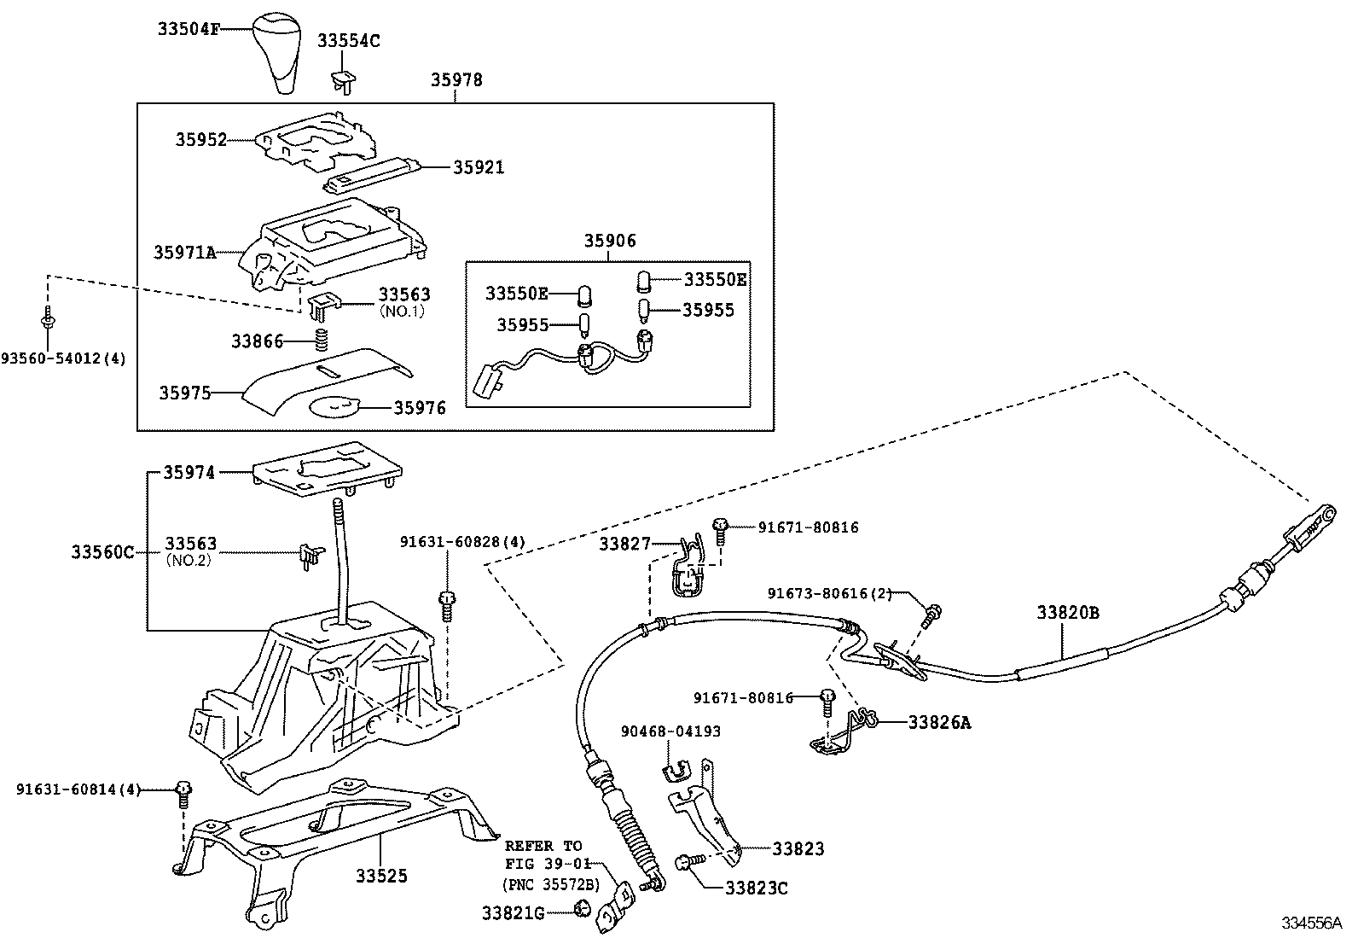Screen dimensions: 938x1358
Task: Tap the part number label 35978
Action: (x=456, y=80)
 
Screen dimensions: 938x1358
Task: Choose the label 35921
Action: (x=479, y=167)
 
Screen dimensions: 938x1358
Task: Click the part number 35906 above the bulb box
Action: (x=609, y=242)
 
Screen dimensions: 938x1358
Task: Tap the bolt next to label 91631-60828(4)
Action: (x=445, y=605)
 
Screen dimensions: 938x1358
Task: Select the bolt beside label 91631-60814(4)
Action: (x=183, y=792)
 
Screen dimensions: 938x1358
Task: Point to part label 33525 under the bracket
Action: (x=381, y=876)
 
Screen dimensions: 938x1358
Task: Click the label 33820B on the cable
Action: (x=1068, y=612)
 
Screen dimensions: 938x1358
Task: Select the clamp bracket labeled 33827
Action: (x=688, y=568)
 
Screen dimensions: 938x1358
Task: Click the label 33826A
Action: (x=939, y=723)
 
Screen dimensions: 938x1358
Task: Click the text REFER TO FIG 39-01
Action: (x=543, y=854)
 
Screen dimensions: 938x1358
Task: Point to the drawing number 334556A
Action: (x=1311, y=923)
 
